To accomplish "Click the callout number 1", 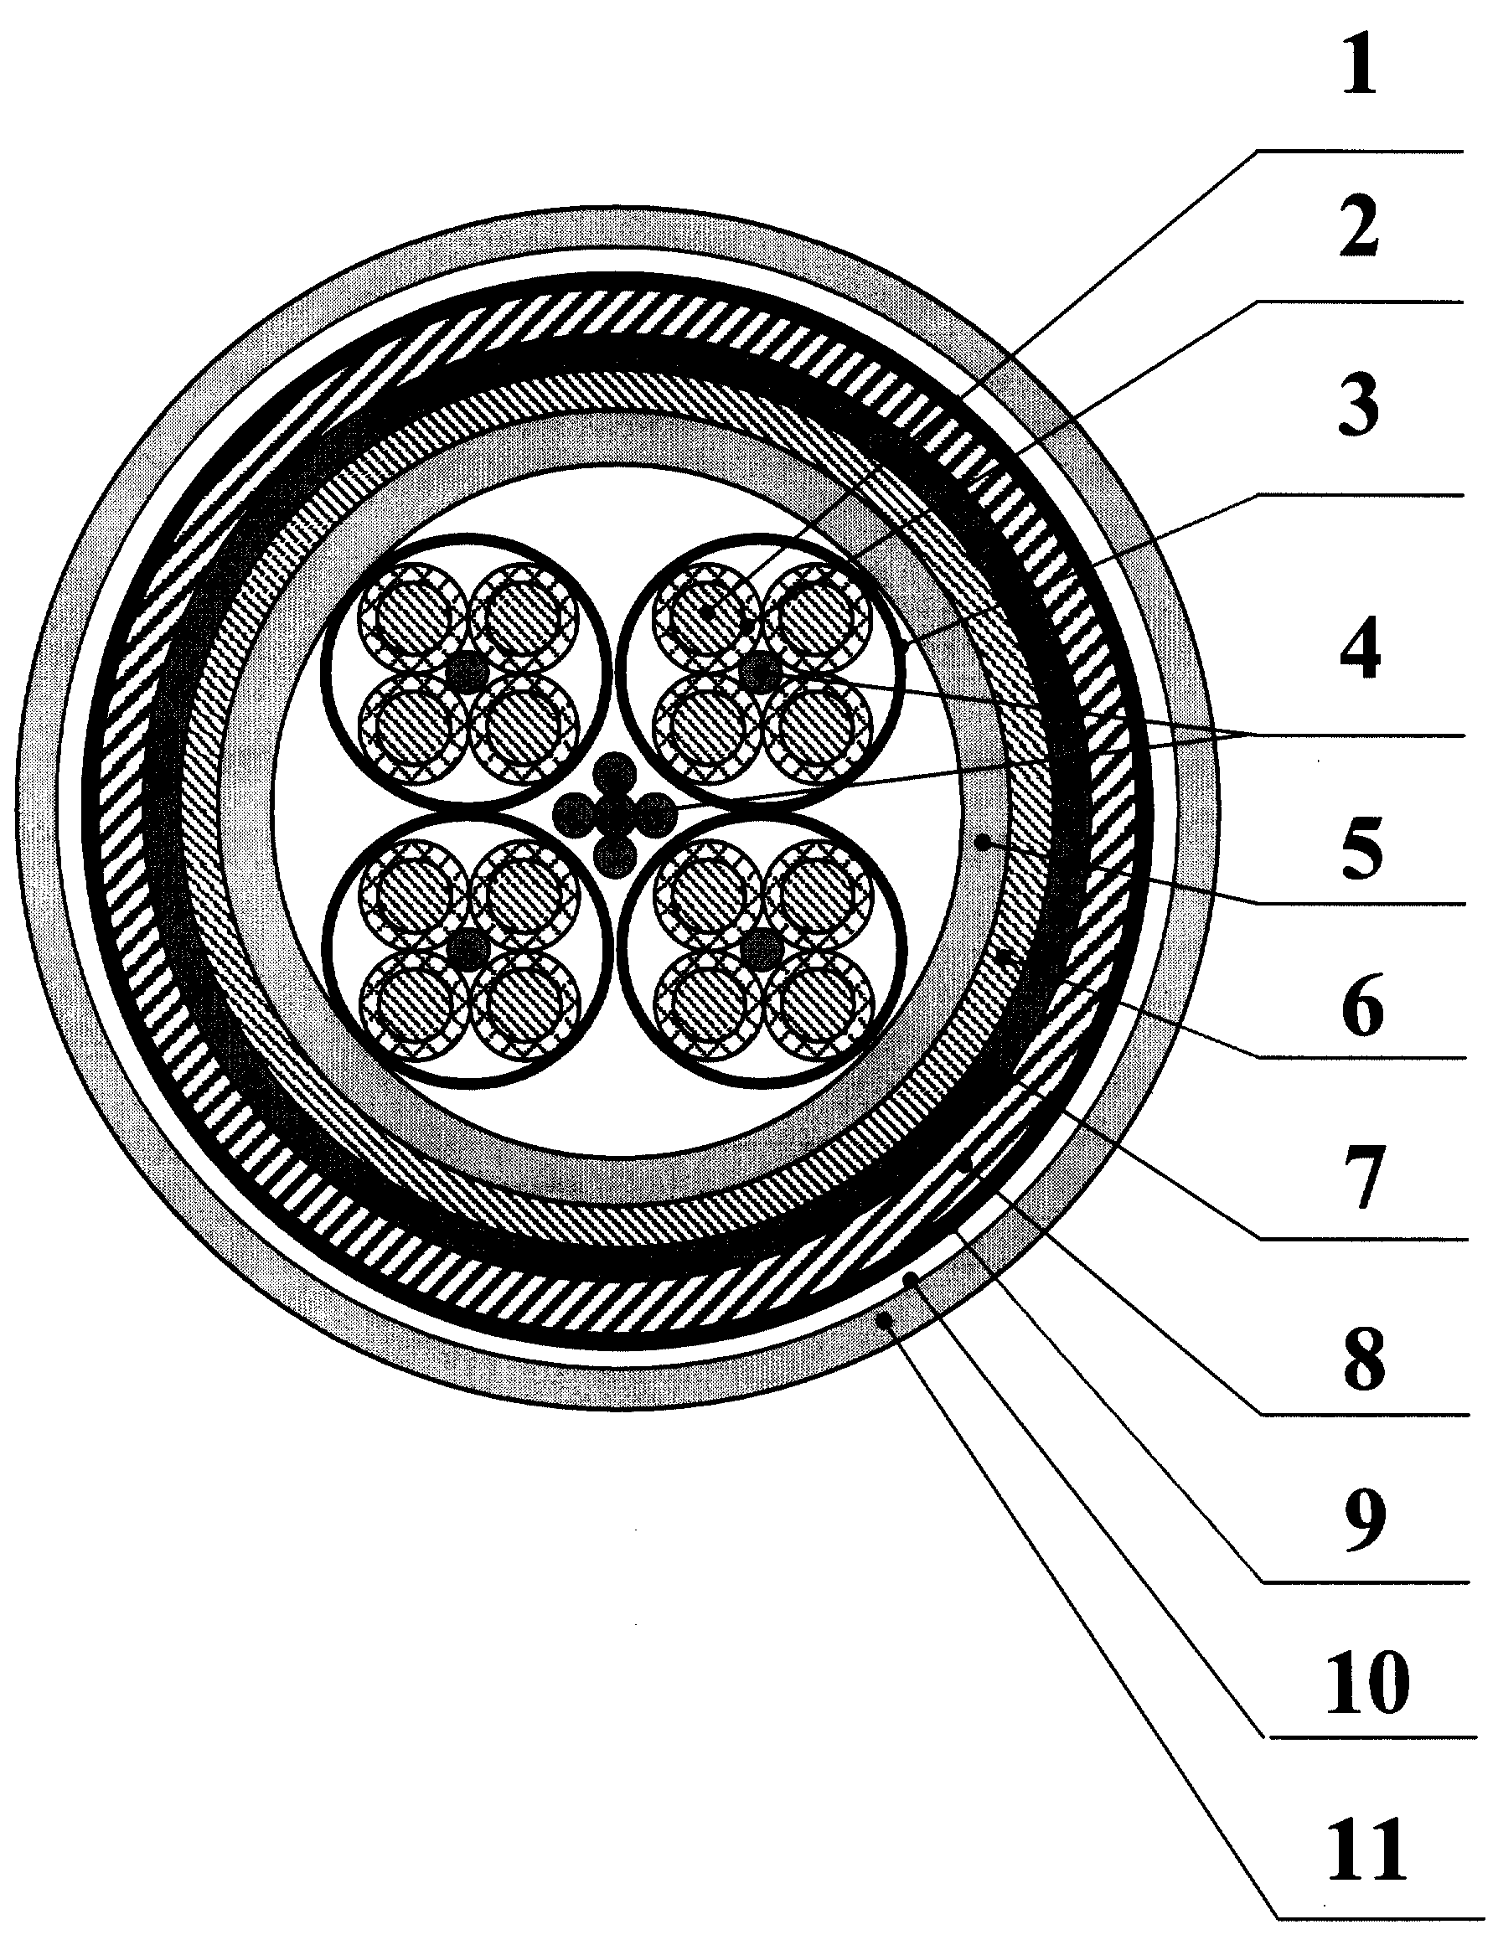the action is point(1359,70).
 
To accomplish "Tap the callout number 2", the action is point(1361,229).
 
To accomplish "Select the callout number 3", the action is point(1361,407).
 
